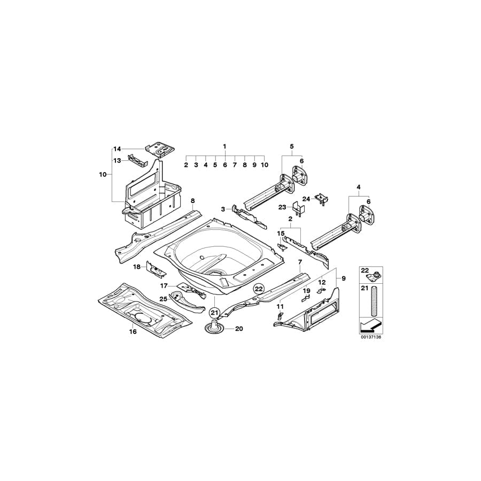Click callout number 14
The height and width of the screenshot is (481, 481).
117,149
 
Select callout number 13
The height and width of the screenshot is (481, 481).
117,159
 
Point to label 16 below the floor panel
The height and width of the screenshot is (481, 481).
133,332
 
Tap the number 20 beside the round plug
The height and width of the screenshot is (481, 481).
238,329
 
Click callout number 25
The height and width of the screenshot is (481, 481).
163,299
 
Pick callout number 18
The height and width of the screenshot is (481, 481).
136,266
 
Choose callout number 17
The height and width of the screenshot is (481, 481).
165,285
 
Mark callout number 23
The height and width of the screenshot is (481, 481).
282,207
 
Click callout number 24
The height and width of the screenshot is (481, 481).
306,198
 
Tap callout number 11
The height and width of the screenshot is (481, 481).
280,306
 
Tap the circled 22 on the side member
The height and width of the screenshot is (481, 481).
259,288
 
